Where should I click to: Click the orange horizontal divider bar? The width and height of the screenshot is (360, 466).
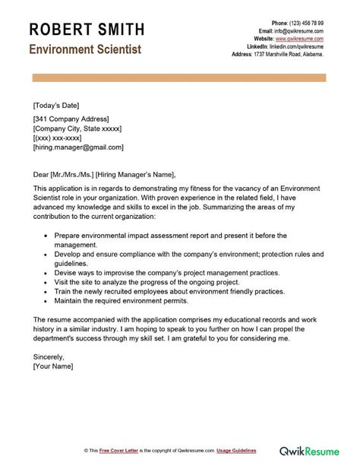click(x=179, y=79)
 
